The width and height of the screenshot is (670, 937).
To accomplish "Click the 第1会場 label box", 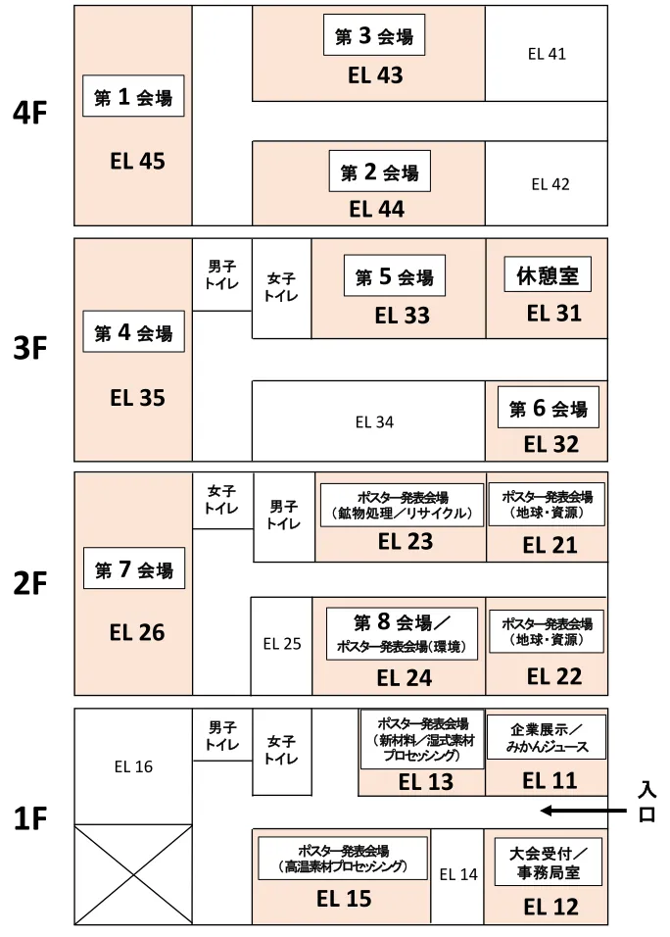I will click(133, 97).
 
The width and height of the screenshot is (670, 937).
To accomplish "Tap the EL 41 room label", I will click(547, 54).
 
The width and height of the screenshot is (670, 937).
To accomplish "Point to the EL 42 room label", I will click(550, 183).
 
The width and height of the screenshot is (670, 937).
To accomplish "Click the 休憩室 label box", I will click(548, 276).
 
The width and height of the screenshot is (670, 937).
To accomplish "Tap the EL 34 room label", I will click(374, 422).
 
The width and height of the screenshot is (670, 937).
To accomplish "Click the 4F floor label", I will click(29, 114).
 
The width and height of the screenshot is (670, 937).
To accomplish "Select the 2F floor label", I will click(29, 585).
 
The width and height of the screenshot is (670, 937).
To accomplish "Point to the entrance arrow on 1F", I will click(584, 811).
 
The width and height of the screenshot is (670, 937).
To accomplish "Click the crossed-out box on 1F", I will click(133, 873).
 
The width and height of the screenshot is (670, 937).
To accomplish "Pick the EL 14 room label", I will click(457, 874).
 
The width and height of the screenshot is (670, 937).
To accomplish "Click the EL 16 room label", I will click(133, 766).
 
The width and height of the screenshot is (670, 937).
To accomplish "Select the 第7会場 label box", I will click(134, 568).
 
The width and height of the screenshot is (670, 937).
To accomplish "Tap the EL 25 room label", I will click(282, 644).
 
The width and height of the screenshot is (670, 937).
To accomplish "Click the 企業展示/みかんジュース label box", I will click(548, 737).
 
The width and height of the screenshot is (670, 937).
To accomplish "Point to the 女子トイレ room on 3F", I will click(282, 287).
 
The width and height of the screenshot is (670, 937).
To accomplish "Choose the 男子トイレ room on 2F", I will click(284, 516).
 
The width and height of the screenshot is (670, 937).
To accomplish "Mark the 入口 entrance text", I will click(646, 801).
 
